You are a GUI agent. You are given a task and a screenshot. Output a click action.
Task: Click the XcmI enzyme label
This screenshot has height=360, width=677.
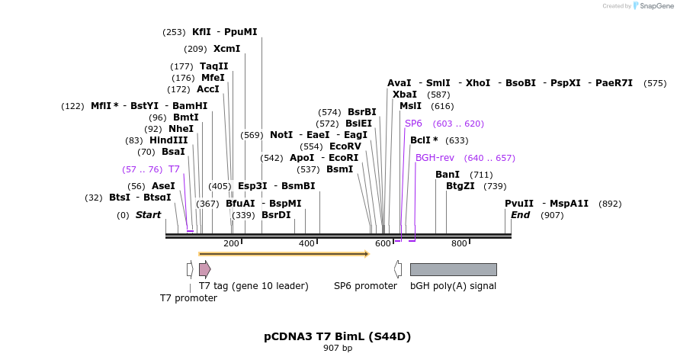tap(226, 49)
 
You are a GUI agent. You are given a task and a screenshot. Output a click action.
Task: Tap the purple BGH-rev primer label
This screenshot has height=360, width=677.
tap(435, 158)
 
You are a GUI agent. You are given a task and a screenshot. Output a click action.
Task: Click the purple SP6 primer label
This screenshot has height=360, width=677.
tap(413, 124)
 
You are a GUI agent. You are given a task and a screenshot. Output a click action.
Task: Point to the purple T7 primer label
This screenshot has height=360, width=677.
tap(174, 169)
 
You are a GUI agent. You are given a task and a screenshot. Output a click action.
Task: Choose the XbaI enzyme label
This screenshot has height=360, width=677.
tap(405, 95)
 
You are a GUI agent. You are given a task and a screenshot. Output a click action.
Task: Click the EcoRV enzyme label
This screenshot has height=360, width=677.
tap(345, 146)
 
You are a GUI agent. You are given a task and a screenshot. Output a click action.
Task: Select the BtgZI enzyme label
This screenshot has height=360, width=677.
tap(460, 186)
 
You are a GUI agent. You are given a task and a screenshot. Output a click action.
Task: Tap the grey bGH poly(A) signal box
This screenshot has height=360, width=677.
tap(453, 269)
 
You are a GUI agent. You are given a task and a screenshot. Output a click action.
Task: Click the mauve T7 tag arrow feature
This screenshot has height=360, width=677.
tap(204, 268)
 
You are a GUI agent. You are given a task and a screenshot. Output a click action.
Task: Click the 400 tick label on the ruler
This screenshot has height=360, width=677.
tap(306, 243)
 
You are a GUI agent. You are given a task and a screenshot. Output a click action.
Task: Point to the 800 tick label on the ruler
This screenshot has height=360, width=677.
tap(459, 243)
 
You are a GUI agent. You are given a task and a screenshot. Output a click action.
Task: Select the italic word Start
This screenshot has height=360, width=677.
tap(148, 215)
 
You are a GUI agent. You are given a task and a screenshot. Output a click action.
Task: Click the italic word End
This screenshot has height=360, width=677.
tap(520, 215)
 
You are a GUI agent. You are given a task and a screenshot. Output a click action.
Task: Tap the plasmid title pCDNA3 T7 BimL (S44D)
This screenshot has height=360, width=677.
tap(338, 336)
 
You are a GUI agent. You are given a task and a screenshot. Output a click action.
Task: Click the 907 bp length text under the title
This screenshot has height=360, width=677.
tap(338, 349)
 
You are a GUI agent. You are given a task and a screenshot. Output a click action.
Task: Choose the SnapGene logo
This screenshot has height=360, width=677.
tap(652, 6)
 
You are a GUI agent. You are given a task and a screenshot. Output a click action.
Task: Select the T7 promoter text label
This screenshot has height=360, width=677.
tap(188, 298)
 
